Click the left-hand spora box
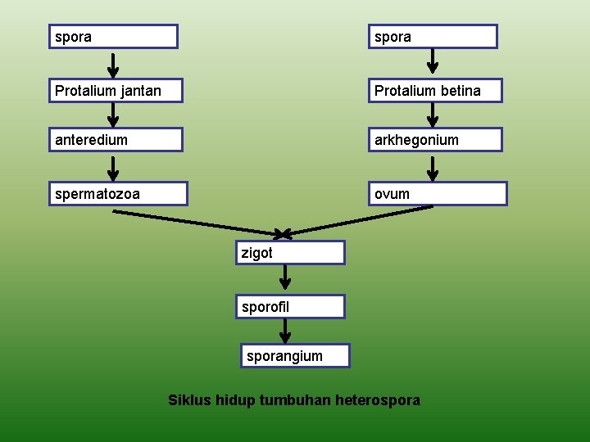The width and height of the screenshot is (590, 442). pos(113,37)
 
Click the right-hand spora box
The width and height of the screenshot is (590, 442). pos(433,37)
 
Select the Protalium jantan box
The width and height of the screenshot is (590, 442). pos(116,91)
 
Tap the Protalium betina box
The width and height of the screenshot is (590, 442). pos(435,91)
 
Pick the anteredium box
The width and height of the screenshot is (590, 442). pos(116,140)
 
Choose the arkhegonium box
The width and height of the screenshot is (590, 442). pos(435,140)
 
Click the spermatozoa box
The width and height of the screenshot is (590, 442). pos(118,194)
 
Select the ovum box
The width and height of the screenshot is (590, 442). pos(438,194)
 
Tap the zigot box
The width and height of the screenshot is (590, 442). pos(290,253)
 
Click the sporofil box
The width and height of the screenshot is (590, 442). pos(290,307)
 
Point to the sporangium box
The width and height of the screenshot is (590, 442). pos(295,356)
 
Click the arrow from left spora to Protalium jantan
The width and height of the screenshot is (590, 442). pos(114,64)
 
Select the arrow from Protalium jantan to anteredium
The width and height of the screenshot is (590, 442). pos(114,115)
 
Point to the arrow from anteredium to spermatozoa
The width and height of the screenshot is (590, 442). pos(114,167)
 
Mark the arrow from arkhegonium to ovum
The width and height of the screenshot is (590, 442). pos(433,167)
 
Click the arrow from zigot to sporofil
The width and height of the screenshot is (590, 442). pos(285,278)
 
